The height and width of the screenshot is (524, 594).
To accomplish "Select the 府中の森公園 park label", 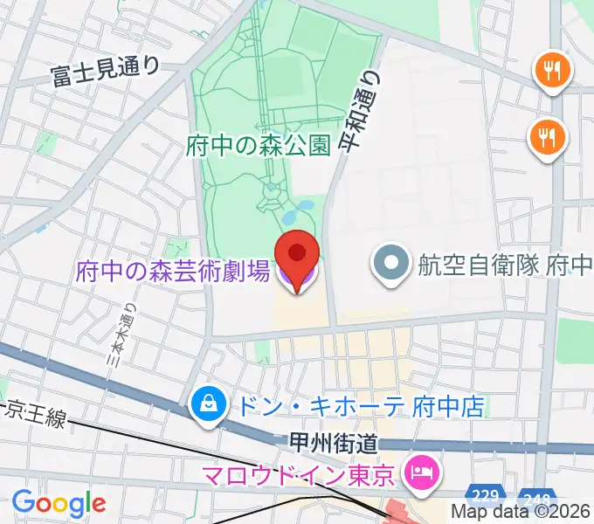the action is tap(259, 146).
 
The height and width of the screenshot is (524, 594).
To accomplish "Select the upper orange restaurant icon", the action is tap(551, 69).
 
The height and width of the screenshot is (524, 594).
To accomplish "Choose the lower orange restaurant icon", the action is tap(548, 137).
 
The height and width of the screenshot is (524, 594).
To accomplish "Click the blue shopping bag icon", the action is tap(209, 406).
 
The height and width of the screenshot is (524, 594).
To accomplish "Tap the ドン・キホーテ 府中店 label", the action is tap(356, 406).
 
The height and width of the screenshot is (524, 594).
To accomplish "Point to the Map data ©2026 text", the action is tap(520, 514).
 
